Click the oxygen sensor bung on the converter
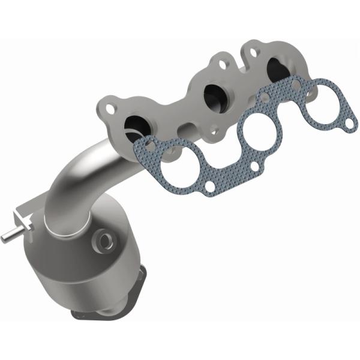(107, 241)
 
